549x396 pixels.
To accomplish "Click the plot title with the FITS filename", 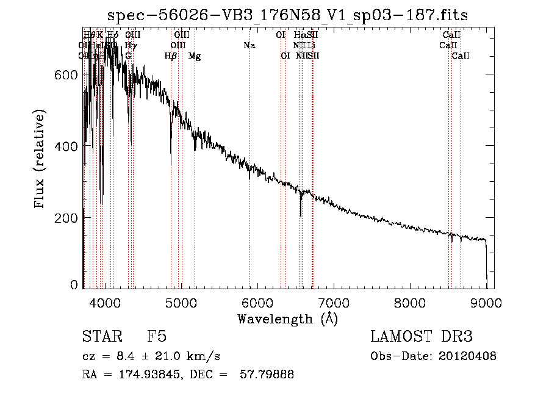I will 287,15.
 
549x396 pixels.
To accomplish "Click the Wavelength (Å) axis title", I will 287,319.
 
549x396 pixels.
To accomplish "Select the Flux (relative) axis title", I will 41,160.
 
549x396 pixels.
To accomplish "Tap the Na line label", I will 249,45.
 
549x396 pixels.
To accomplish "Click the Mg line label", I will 195,56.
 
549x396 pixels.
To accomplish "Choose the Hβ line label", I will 171,56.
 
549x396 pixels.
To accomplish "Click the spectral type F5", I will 157,337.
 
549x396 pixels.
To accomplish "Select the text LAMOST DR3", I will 421,337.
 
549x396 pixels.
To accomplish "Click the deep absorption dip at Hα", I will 300,214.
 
